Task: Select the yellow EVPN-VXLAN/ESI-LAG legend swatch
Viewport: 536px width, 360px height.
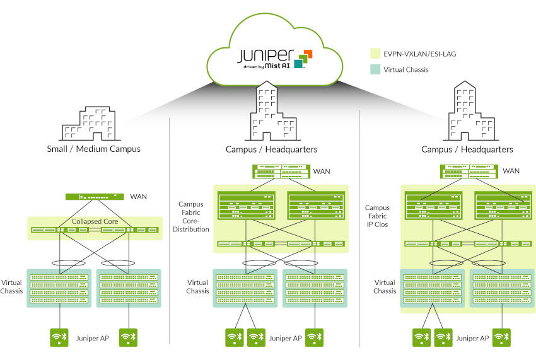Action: pyautogui.click(x=375, y=54)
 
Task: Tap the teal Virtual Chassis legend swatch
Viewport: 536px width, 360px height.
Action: pyautogui.click(x=375, y=69)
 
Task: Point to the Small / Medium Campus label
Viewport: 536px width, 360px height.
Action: pyautogui.click(x=93, y=149)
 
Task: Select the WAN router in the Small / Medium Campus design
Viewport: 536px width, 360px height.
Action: pyautogui.click(x=94, y=197)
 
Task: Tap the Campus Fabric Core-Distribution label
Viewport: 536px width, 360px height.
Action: pyautogui.click(x=194, y=216)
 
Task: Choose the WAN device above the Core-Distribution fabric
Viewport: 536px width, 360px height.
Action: pyautogui.click(x=280, y=171)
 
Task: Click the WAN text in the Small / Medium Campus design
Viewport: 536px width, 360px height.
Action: pyautogui.click(x=138, y=197)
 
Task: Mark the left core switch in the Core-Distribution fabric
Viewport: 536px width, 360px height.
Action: pyautogui.click(x=247, y=206)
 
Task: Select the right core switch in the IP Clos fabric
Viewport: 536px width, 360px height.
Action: pyautogui.click(x=502, y=206)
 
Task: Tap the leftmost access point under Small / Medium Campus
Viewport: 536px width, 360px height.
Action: pyautogui.click(x=60, y=337)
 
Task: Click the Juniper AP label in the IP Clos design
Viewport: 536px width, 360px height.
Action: pyautogui.click(x=472, y=338)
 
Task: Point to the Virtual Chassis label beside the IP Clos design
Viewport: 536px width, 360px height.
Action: pyautogui.click(x=385, y=287)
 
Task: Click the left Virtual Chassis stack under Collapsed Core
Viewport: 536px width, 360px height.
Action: pyautogui.click(x=60, y=288)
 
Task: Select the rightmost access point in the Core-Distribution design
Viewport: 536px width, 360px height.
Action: pyautogui.click(x=315, y=337)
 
